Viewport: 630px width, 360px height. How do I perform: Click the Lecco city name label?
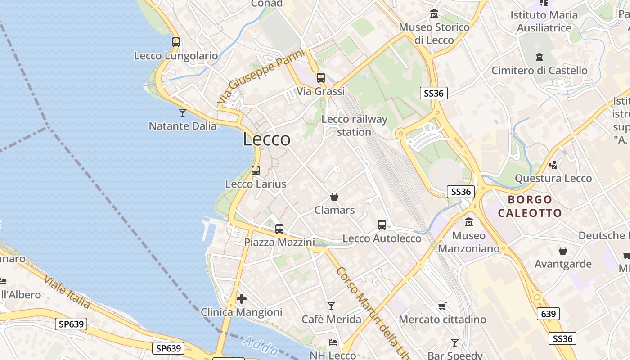[267, 139]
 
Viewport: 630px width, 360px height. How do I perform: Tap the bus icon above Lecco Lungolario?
[176, 42]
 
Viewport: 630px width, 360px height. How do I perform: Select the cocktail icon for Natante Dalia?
[183, 112]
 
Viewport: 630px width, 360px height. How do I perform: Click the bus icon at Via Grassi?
[321, 77]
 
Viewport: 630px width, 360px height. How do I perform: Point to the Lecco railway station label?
[354, 126]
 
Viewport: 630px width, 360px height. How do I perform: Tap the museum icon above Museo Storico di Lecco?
[434, 14]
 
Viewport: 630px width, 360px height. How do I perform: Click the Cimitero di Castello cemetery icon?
[540, 57]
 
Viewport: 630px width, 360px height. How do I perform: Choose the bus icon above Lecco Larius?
[256, 171]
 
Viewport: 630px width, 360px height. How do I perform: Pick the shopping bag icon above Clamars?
[334, 197]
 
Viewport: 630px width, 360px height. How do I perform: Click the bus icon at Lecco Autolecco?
[382, 225]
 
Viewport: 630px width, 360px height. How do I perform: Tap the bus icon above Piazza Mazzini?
[279, 229]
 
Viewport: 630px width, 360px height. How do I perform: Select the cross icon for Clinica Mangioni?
[242, 298]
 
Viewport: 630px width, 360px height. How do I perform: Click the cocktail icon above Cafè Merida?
[331, 306]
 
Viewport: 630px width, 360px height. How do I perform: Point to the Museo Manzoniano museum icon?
[469, 222]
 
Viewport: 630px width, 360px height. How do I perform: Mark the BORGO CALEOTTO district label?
[530, 206]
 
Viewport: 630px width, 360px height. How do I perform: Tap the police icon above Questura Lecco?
[553, 165]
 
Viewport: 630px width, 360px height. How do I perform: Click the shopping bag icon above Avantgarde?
[563, 251]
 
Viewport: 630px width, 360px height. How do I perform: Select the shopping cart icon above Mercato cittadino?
[442, 306]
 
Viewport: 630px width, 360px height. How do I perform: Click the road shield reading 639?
[548, 314]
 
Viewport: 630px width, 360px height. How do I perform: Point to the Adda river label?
[260, 346]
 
